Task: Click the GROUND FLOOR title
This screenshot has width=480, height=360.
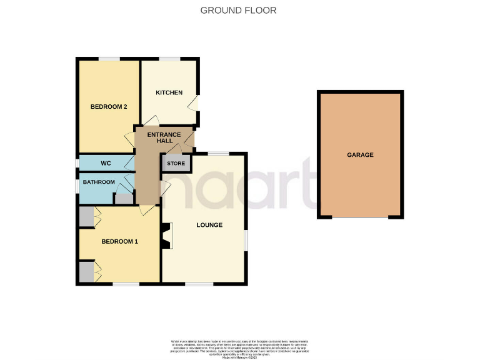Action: (238, 10)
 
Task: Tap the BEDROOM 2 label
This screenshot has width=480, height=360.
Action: (109, 107)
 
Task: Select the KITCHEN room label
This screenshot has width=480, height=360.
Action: (169, 93)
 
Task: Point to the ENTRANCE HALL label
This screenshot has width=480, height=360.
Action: (164, 137)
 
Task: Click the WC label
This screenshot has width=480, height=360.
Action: (106, 164)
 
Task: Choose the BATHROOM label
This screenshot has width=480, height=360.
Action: (99, 182)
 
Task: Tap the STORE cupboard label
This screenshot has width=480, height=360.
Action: (176, 164)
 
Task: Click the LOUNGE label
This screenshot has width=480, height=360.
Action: (209, 225)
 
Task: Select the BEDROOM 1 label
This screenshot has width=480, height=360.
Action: (119, 242)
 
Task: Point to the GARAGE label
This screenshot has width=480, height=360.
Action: (360, 155)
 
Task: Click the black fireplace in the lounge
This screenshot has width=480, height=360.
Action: (166, 236)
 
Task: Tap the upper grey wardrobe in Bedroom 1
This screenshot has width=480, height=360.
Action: (86, 217)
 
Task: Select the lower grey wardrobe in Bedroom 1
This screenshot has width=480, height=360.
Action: (86, 272)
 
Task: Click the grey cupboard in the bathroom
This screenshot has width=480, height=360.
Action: (124, 200)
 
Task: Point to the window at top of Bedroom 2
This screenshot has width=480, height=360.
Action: (109, 59)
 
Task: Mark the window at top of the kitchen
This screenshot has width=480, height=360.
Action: (169, 59)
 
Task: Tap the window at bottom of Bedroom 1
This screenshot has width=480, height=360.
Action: (126, 284)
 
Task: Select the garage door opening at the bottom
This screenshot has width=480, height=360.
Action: (360, 217)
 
